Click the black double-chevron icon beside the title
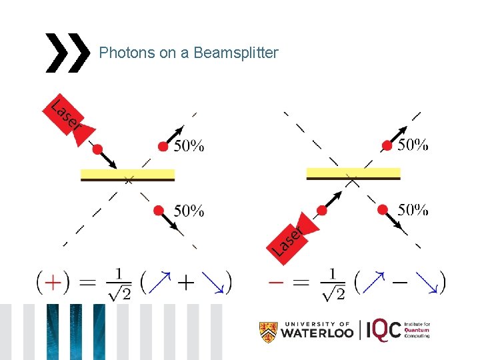tap(67, 52)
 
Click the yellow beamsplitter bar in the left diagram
tap(127, 175)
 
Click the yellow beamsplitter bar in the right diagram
tap(353, 173)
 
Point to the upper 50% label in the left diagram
tap(189, 147)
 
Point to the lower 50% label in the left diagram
tap(189, 211)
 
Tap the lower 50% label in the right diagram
tap(413, 209)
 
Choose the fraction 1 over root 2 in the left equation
tap(119, 283)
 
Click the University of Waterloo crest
tap(268, 331)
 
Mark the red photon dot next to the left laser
tap(98, 149)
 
